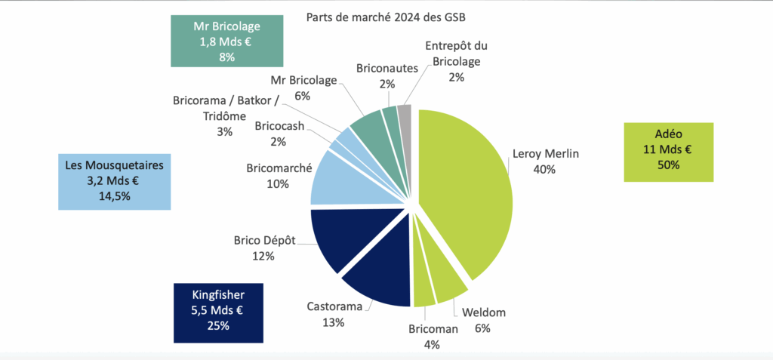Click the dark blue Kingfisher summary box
coord(218,312)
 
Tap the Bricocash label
coord(279,126)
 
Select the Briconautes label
coord(387,69)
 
